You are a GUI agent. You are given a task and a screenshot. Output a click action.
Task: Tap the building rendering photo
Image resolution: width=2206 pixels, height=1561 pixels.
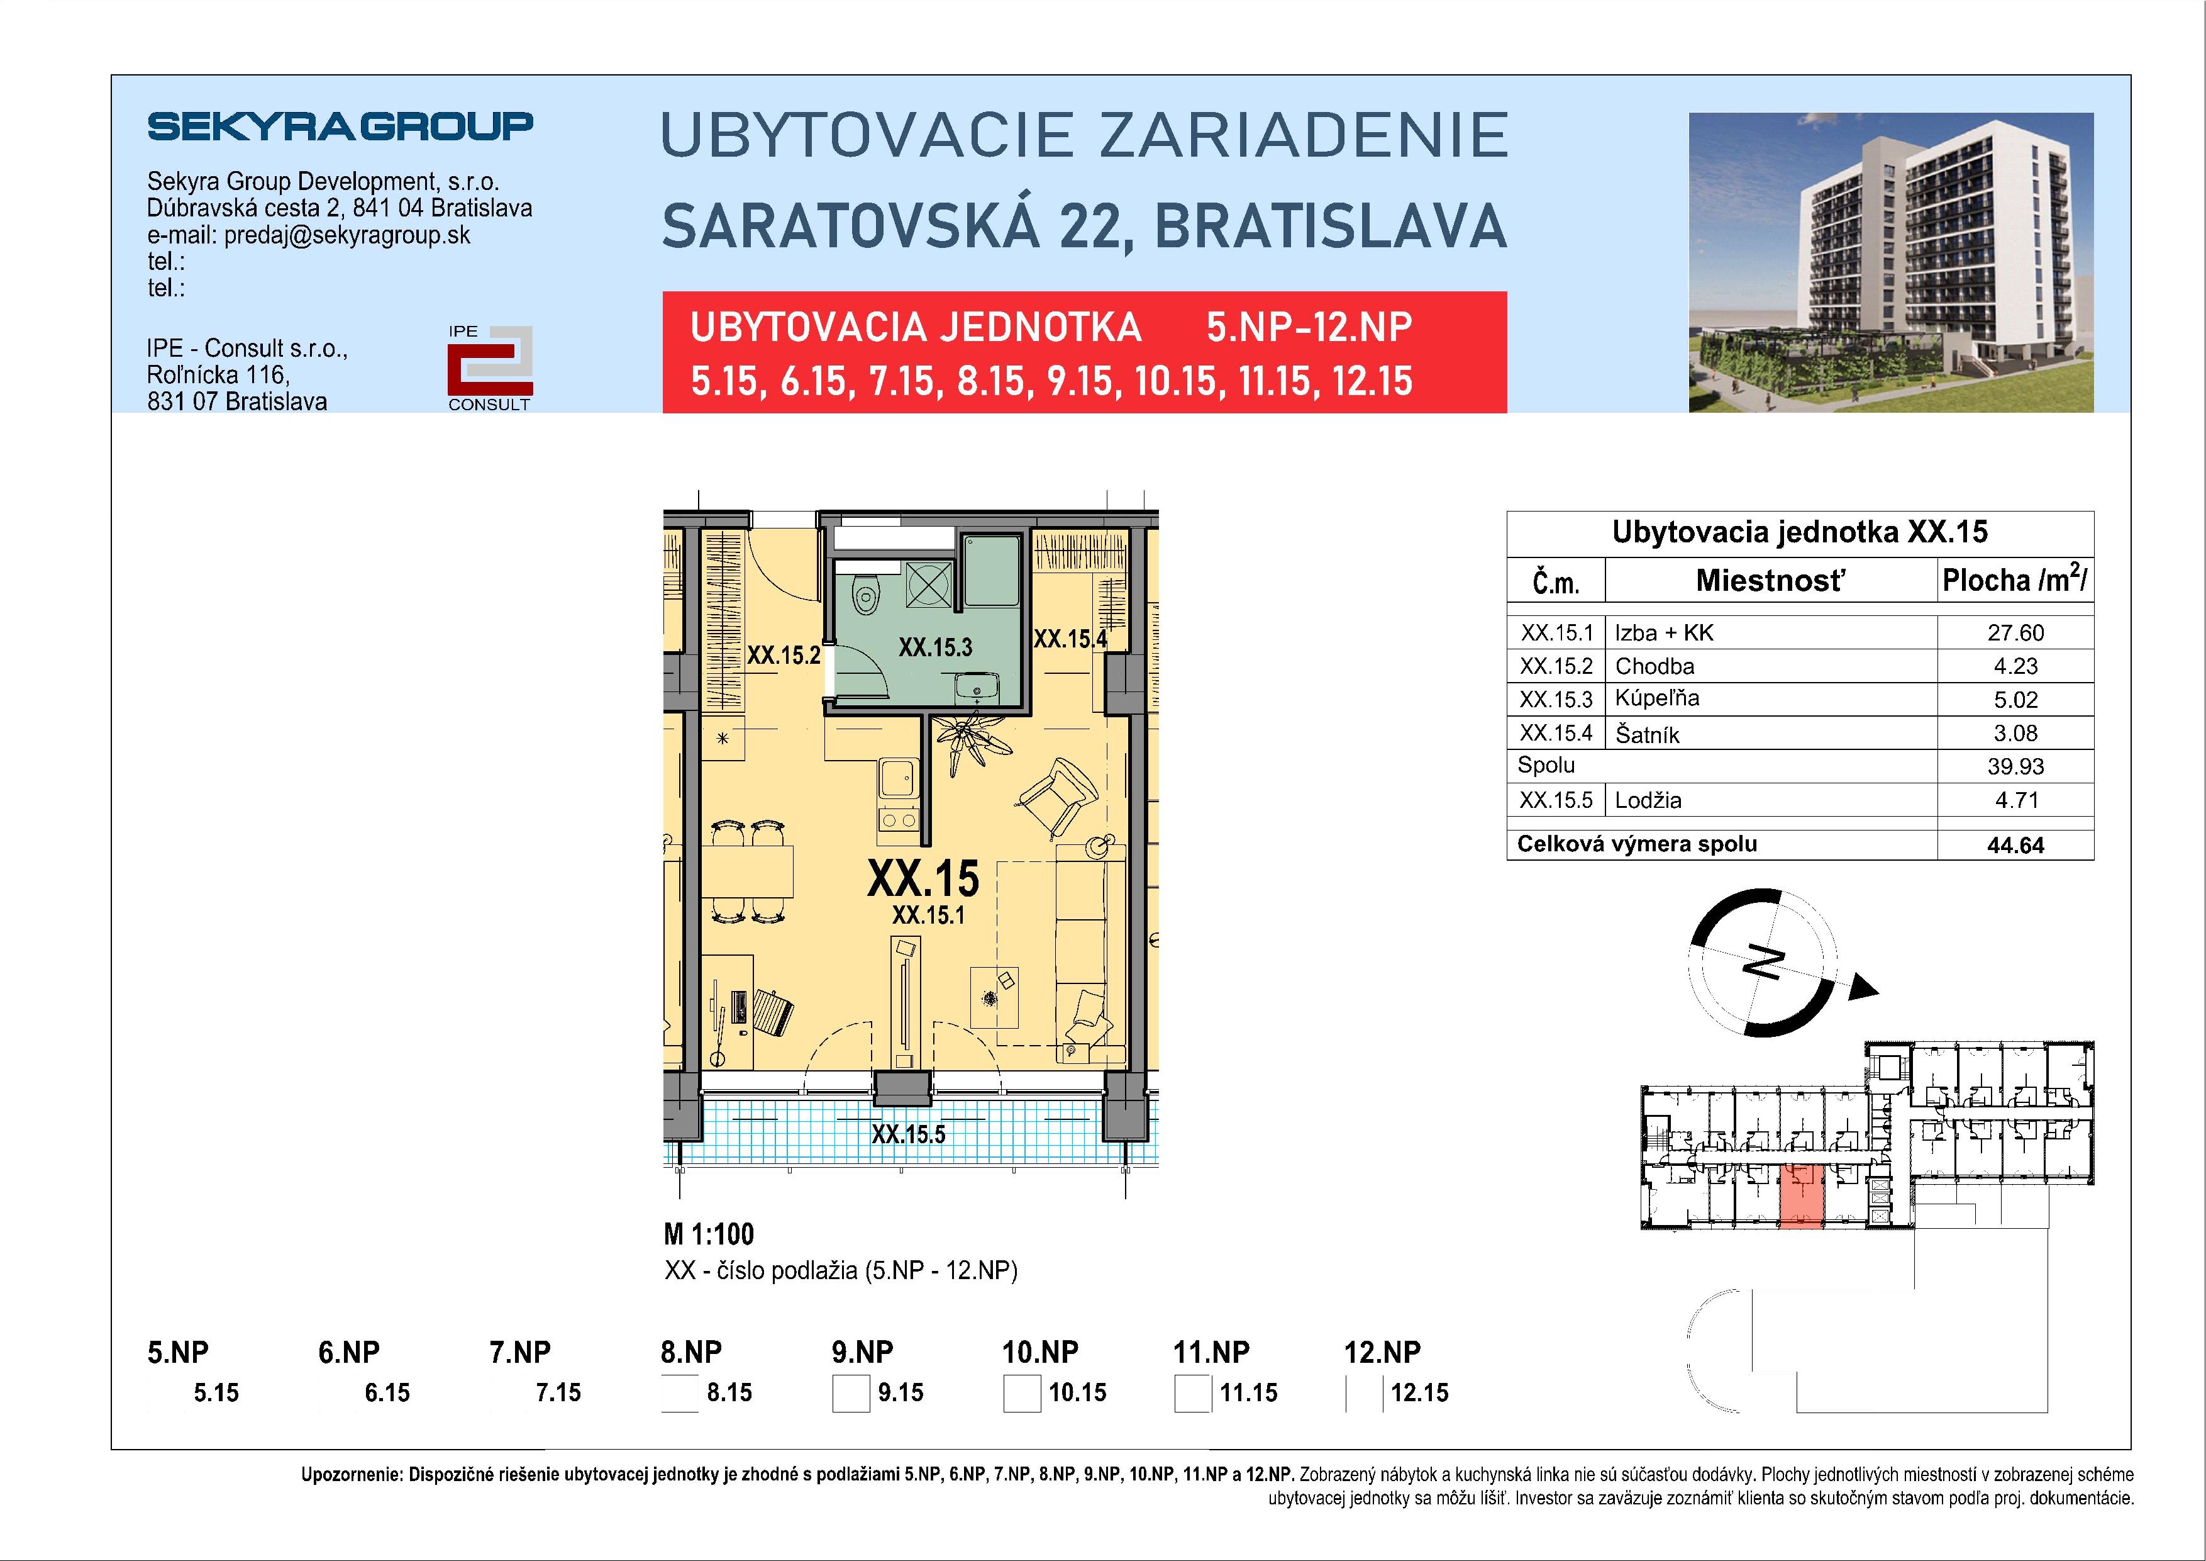coord(1891,262)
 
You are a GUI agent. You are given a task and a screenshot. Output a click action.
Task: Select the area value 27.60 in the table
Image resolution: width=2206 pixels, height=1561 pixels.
coord(2015,632)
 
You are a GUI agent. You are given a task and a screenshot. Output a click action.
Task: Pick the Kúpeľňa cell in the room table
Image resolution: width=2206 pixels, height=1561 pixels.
coord(1656,699)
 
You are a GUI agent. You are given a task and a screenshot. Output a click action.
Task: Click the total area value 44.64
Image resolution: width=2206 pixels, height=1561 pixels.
coord(2015,846)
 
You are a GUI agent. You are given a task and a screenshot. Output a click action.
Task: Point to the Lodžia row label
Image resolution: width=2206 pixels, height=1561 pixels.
coord(1648,800)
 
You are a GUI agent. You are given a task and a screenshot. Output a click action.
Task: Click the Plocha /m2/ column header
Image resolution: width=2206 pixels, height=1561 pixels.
coord(2014,581)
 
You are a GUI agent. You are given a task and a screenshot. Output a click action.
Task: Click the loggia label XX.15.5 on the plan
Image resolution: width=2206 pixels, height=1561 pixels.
coord(908,1134)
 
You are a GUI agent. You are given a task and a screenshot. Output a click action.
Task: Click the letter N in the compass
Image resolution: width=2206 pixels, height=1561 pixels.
coord(1764,962)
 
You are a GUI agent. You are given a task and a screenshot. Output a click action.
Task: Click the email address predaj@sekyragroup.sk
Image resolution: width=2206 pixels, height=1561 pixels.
coord(347,235)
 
